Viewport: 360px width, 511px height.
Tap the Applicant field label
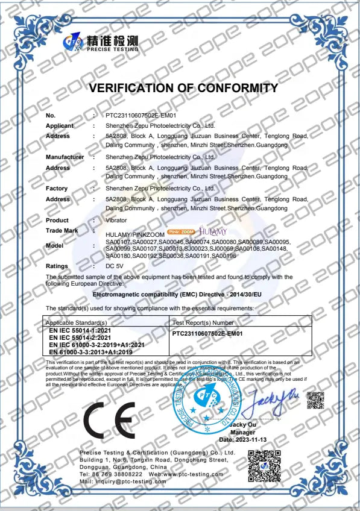[x=60, y=126]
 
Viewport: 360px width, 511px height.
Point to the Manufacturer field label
[x=65, y=157]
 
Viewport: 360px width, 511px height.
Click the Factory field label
[x=57, y=189]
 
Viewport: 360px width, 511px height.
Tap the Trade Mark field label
[x=62, y=231]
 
